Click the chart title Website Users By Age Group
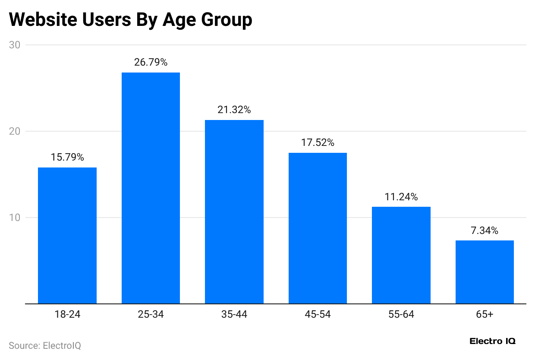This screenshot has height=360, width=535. pyautogui.click(x=130, y=20)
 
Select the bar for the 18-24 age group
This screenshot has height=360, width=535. pyautogui.click(x=67, y=236)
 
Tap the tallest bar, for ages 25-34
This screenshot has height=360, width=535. pyautogui.click(x=151, y=188)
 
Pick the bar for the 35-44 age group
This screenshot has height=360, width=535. pyautogui.click(x=234, y=212)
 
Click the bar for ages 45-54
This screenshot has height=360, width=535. pyautogui.click(x=318, y=228)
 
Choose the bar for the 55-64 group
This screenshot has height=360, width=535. pyautogui.click(x=401, y=255)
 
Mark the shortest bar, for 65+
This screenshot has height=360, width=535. pyautogui.click(x=485, y=272)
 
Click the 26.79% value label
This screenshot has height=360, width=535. pyautogui.click(x=151, y=62)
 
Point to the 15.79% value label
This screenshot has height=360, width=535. pyautogui.click(x=67, y=157)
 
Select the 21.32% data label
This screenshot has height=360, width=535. pyautogui.click(x=234, y=110)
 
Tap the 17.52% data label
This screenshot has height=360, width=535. pyautogui.click(x=318, y=142)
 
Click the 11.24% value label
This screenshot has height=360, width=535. pyautogui.click(x=401, y=197)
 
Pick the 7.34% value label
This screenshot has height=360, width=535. pyautogui.click(x=485, y=231)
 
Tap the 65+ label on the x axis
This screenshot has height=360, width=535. pyautogui.click(x=485, y=314)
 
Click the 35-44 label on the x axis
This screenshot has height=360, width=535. pyautogui.click(x=234, y=314)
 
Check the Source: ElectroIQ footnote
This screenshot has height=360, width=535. pyautogui.click(x=45, y=345)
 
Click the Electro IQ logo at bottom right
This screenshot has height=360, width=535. pyautogui.click(x=492, y=341)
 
